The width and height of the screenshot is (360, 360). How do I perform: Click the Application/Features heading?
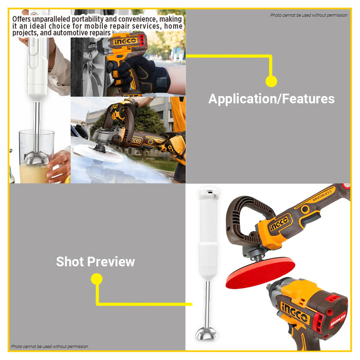click(x=271, y=99)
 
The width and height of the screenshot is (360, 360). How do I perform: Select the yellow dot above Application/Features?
click(x=271, y=81)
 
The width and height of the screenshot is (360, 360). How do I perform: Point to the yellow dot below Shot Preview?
click(x=97, y=279)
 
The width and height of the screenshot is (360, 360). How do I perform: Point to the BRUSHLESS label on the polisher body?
click(x=321, y=196)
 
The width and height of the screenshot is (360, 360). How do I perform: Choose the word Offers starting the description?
click(x=24, y=19)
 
